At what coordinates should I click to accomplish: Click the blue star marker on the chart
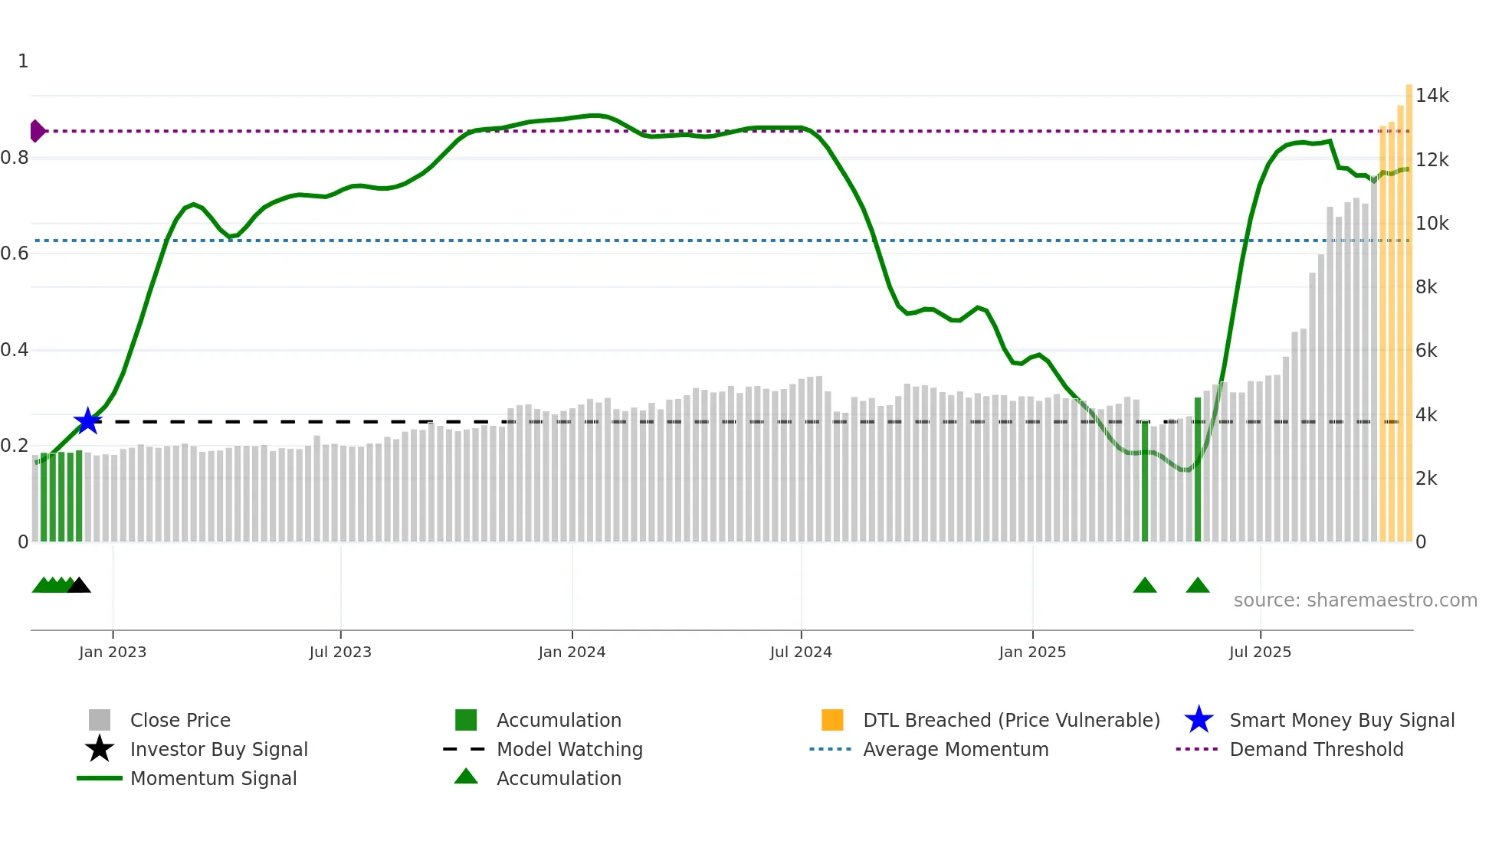coord(87,421)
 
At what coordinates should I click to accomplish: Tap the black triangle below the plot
coord(79,586)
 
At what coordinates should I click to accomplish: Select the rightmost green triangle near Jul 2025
coord(1197,586)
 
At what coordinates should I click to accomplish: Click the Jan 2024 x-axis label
coord(572,652)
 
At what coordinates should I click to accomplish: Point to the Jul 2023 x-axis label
coord(340,652)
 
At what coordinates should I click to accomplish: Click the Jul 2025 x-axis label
coord(1260,652)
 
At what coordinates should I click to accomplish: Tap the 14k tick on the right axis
coord(1431,96)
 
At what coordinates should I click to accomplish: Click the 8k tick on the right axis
coord(1426,287)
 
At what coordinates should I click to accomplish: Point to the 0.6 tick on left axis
coord(15,254)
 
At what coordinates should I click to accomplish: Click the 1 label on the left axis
coord(23,61)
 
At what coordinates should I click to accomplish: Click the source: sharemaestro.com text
coord(1355,600)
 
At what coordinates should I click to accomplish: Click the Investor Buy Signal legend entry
coord(218,749)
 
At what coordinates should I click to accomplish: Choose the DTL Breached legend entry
coord(1011,720)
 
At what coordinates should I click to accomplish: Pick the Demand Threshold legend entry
coord(1316,749)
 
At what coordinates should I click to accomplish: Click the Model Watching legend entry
coord(569,749)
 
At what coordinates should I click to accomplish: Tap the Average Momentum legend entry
coord(955,749)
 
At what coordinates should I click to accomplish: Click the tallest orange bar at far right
coord(1409,306)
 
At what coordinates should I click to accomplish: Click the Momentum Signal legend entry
coord(213,778)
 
